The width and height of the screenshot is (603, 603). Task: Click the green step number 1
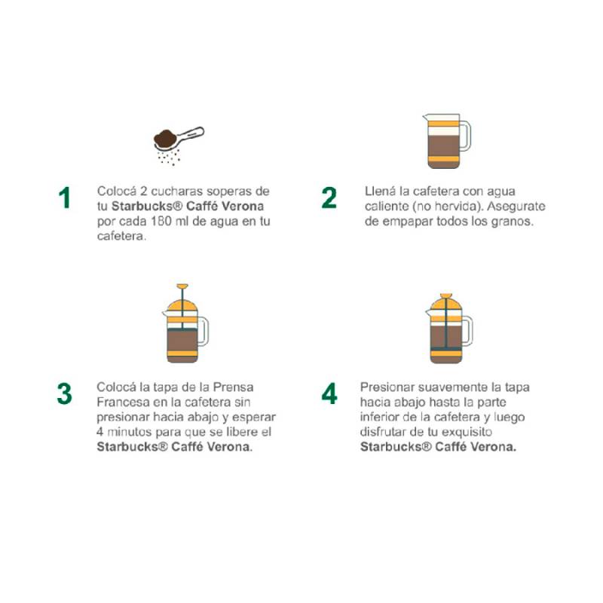point(65,197)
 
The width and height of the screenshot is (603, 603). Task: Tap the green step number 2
point(329,197)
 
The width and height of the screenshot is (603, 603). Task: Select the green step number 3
point(65,393)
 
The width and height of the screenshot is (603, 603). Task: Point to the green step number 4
point(329,393)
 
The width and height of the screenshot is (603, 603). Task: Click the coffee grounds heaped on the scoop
point(165,139)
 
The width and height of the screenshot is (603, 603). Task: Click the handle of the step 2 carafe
point(465,136)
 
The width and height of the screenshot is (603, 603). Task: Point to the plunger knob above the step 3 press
point(182,286)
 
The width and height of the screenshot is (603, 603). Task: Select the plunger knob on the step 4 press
point(446,295)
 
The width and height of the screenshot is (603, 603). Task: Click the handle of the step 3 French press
point(203,332)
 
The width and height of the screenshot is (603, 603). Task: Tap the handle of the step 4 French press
point(467,331)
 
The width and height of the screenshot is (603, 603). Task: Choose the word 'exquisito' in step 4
point(467,432)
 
